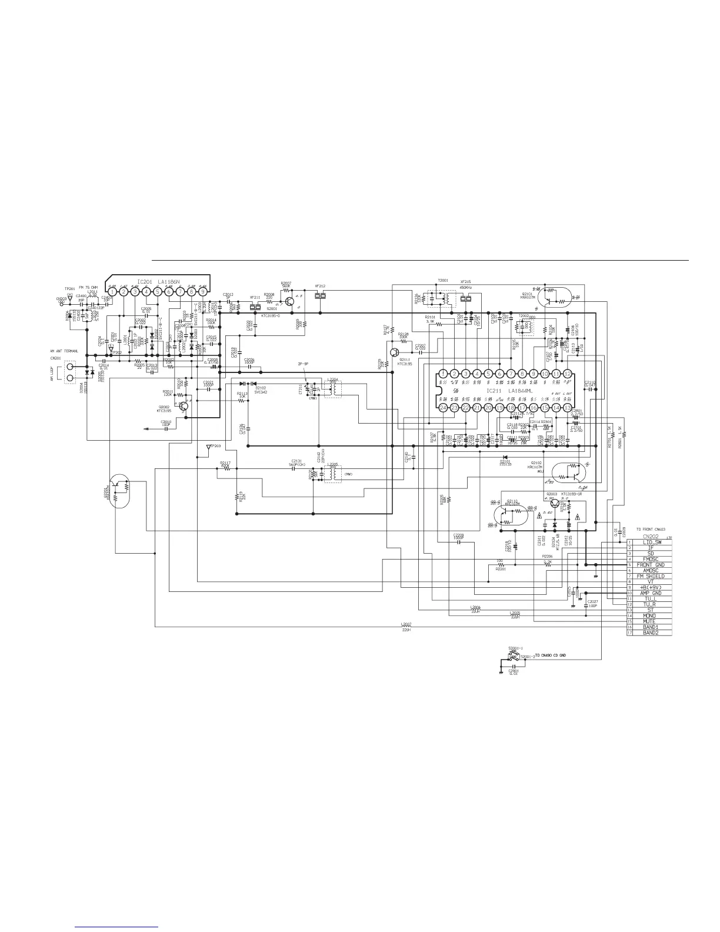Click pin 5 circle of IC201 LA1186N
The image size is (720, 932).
pos(157,291)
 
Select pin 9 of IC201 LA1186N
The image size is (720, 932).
pos(202,291)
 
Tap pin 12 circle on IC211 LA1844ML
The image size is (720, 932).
pos(568,374)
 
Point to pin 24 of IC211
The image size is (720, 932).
pos(442,408)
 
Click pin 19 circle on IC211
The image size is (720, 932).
pos(499,408)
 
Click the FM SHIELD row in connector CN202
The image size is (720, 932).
pos(649,576)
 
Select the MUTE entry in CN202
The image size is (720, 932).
pos(649,621)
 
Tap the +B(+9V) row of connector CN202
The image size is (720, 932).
pos(649,587)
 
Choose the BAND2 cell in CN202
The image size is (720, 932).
pos(649,633)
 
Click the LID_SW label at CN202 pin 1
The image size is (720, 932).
pos(649,542)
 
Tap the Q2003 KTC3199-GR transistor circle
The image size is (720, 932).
pos(553,503)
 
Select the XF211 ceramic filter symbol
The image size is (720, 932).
pos(255,307)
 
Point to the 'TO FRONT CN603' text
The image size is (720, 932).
pos(654,529)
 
